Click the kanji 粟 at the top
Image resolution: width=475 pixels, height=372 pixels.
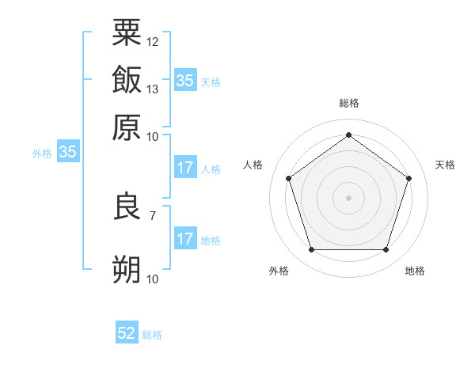tap(127, 34)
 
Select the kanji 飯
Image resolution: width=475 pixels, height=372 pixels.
tap(127, 80)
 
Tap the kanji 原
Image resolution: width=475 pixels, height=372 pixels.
tap(127, 127)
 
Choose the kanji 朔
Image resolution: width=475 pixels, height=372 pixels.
tap(127, 270)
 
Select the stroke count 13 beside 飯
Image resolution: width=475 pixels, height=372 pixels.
tap(153, 89)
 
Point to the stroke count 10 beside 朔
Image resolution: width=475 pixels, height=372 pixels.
tap(153, 279)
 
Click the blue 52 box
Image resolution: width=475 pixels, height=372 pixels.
tap(127, 334)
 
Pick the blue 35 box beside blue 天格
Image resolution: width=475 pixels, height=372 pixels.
tap(184, 81)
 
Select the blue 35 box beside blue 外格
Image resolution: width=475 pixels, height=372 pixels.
tap(67, 153)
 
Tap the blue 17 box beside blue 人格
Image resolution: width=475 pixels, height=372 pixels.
tap(184, 168)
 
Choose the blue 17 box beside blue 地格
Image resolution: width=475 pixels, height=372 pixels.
tap(184, 239)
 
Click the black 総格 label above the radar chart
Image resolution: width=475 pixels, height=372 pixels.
tap(348, 104)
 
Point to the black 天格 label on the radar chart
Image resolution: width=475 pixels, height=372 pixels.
tap(445, 165)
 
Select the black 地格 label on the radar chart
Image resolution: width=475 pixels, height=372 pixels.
tap(415, 271)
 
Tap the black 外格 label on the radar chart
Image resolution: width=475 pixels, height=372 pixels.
tap(279, 271)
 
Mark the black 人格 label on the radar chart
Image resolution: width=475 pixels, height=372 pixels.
tap(253, 165)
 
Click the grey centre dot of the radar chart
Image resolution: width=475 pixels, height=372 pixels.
tap(348, 197)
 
